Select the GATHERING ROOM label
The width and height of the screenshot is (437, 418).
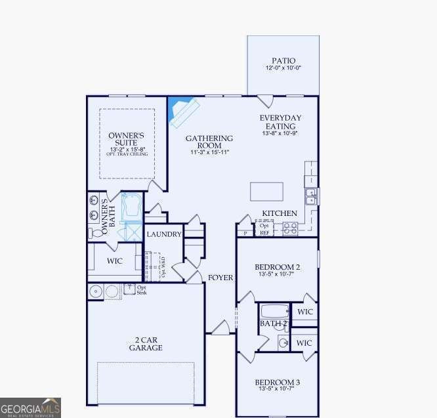pos(209,142)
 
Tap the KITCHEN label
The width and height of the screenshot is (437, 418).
pos(280,213)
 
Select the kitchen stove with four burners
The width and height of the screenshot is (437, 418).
pos(289,228)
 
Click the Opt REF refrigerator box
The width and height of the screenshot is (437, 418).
pos(264,229)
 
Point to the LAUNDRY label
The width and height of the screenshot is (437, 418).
pos(163,234)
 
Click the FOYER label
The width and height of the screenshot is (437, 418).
pos(220,278)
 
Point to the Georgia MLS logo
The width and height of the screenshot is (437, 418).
pos(31,408)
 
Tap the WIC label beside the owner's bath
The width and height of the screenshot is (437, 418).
pos(114,261)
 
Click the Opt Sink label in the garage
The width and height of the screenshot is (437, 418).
pos(142,289)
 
